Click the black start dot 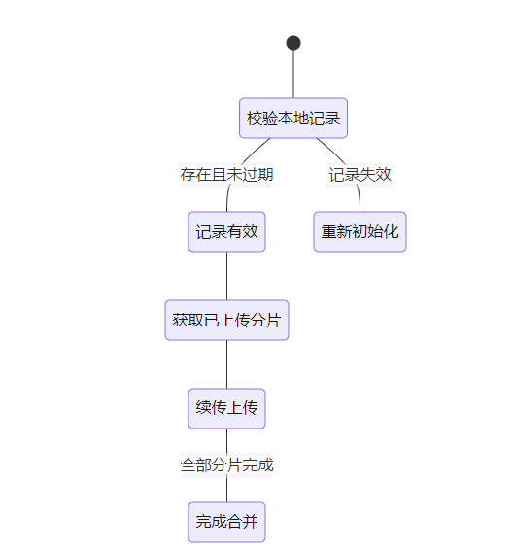(x=293, y=43)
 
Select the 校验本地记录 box (x=293, y=118)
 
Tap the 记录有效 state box (x=226, y=231)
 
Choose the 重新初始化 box (x=360, y=231)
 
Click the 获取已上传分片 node (x=226, y=320)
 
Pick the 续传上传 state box (x=226, y=408)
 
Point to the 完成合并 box (x=226, y=522)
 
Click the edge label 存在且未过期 (x=226, y=175)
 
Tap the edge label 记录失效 (x=360, y=175)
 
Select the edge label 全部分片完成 (x=226, y=465)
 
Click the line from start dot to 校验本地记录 (x=293, y=74)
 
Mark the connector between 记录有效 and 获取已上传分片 (x=226, y=276)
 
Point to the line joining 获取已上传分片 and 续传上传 (x=226, y=364)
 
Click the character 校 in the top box (x=255, y=118)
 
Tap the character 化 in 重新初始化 (x=391, y=231)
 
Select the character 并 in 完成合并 (x=250, y=522)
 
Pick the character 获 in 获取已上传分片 (x=180, y=320)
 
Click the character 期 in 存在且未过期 (x=265, y=175)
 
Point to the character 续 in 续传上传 (x=203, y=408)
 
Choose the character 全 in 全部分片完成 (x=188, y=465)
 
